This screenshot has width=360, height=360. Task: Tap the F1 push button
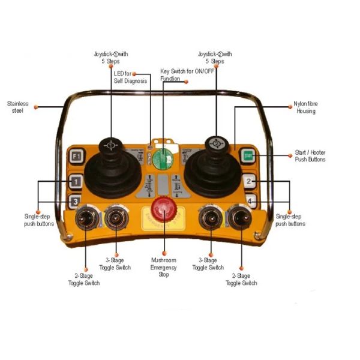tap(75, 157)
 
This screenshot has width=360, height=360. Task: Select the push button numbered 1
tap(75, 181)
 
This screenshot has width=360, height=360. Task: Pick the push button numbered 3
tap(75, 202)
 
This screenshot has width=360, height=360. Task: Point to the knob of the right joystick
tap(214, 145)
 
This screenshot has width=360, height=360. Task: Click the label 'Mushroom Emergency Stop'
tap(163, 268)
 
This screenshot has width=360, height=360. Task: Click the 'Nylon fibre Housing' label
tap(305, 107)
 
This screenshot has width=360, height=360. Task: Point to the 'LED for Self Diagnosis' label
tap(130, 77)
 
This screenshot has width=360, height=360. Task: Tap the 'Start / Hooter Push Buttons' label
tap(310, 156)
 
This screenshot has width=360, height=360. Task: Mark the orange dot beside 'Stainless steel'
tap(36, 107)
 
